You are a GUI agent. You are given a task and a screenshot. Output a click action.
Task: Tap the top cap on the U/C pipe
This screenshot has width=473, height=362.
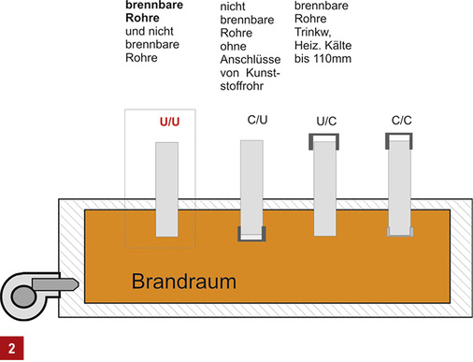pyautogui.click(x=323, y=140)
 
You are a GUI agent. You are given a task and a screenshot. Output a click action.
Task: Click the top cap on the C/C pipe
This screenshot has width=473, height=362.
pyautogui.click(x=400, y=139)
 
